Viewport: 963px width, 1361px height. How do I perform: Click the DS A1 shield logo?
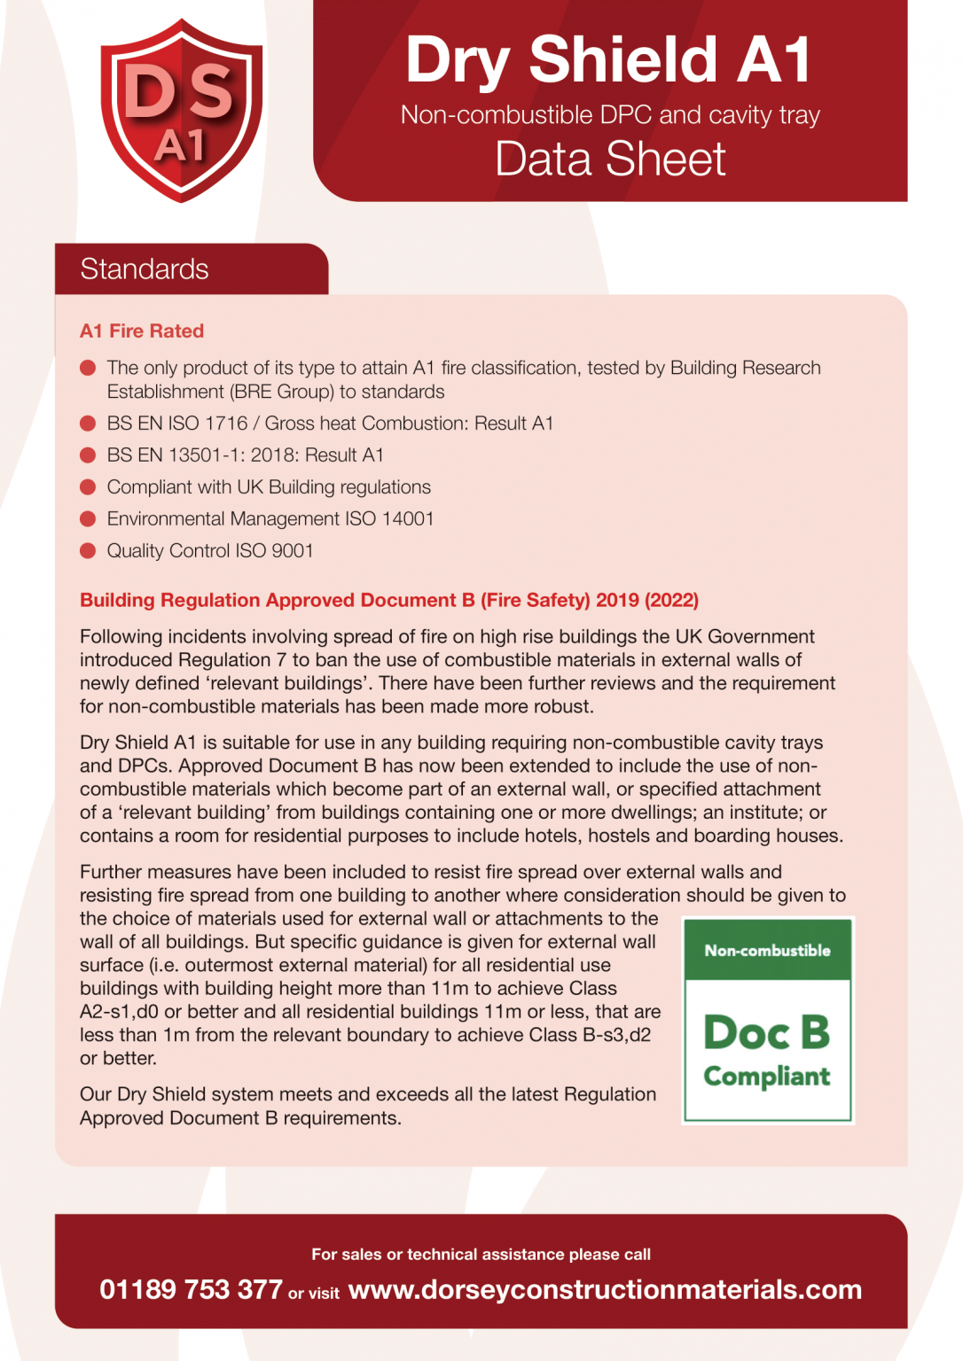[181, 111]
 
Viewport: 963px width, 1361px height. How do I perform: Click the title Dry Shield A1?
[609, 60]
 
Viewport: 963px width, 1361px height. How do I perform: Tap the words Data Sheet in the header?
[610, 159]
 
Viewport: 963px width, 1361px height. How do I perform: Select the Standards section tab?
[145, 269]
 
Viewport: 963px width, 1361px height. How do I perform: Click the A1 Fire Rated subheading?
[142, 331]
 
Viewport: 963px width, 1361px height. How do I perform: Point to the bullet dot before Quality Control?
[88, 551]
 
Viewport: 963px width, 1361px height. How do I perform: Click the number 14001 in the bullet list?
[407, 519]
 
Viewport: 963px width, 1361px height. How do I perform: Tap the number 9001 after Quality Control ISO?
[292, 551]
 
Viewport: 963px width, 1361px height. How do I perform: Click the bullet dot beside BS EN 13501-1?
[88, 455]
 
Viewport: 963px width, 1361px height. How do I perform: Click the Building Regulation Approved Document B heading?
[389, 600]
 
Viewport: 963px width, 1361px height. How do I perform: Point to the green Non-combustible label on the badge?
[767, 951]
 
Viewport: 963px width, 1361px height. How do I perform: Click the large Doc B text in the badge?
[767, 1032]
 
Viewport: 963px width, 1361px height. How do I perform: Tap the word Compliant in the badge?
[767, 1077]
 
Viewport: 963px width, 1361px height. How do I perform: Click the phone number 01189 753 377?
[191, 1289]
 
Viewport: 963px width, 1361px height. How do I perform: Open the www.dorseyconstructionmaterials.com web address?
[605, 1289]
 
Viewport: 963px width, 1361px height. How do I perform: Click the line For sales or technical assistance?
[481, 1255]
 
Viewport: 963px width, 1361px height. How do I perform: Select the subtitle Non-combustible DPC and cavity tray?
[610, 115]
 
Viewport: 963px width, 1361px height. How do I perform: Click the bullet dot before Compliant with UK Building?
[88, 487]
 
